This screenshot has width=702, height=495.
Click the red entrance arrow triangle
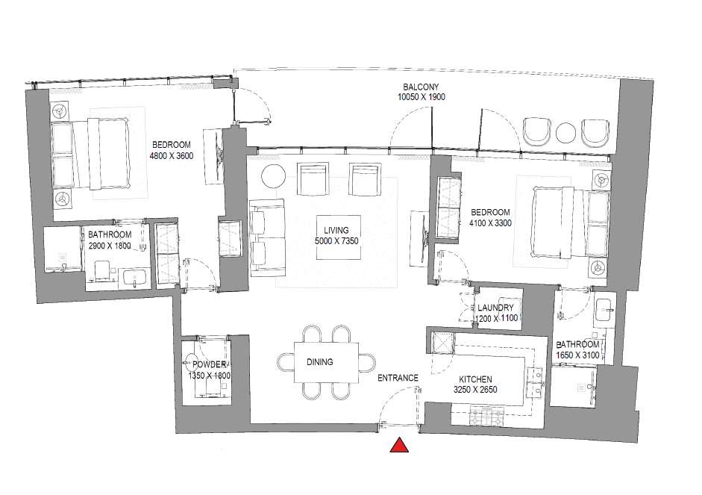click(x=399, y=446)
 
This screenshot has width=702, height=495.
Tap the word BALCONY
click(x=421, y=87)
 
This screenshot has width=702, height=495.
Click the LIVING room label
click(x=336, y=230)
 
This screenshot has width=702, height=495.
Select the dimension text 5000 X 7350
click(x=336, y=241)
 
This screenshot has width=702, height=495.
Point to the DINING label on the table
click(x=319, y=362)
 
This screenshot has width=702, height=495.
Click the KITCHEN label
click(x=475, y=379)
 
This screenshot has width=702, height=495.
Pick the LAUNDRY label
click(x=495, y=308)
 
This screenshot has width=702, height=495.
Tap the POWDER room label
click(x=209, y=365)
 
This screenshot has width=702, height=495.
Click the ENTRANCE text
click(x=398, y=378)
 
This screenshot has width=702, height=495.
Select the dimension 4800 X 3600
click(x=172, y=156)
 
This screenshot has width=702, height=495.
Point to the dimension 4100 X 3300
click(x=490, y=223)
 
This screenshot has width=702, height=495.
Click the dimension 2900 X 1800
click(x=110, y=246)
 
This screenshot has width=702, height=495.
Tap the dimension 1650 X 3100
click(x=577, y=355)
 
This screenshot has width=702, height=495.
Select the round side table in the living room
click(x=274, y=176)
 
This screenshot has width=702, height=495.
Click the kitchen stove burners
click(x=486, y=417)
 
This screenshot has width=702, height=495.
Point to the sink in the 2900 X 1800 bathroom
click(x=134, y=278)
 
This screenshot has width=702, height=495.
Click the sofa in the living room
click(x=267, y=237)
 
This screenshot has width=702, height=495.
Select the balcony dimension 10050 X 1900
click(x=421, y=97)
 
